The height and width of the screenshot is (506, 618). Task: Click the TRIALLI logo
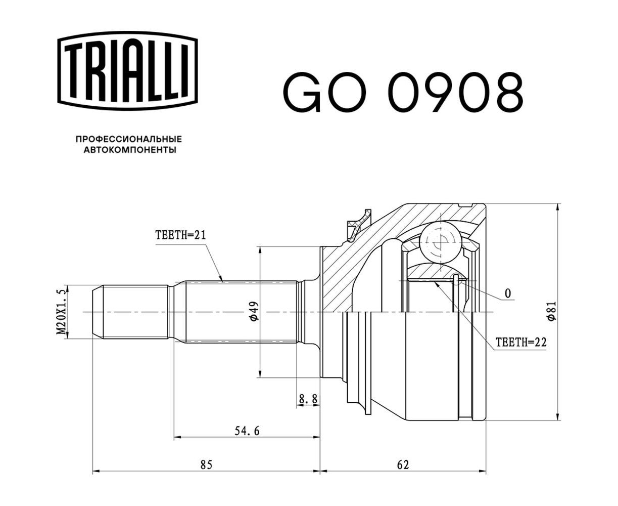(x=127, y=71)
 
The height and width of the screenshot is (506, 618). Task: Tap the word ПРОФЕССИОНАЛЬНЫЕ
(x=129, y=139)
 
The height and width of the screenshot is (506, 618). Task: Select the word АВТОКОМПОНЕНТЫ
(x=130, y=150)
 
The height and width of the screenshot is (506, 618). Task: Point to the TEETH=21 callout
(x=180, y=235)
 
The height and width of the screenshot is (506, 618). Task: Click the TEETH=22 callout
(x=520, y=342)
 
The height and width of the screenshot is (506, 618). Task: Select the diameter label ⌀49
(x=254, y=311)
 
